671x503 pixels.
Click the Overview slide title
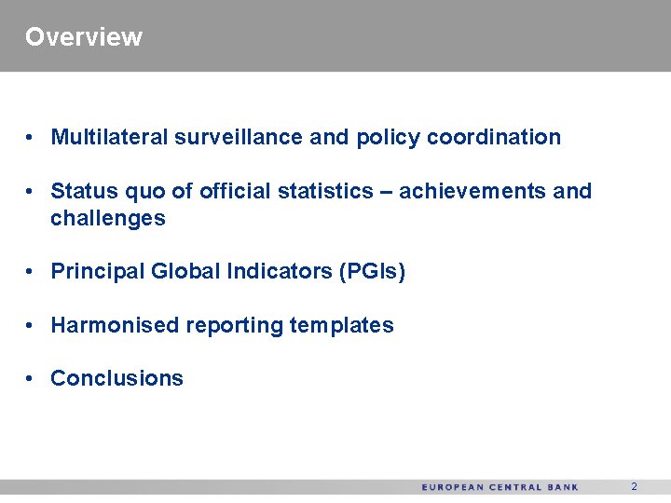(x=84, y=37)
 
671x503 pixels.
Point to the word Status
(x=79, y=192)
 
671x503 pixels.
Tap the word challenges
(x=107, y=219)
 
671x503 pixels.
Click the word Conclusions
(x=116, y=379)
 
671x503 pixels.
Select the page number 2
(x=634, y=487)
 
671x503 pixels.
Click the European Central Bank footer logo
(x=500, y=487)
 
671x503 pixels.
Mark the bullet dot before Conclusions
(x=31, y=379)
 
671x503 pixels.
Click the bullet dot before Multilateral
(x=31, y=138)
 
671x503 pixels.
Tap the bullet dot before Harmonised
(x=31, y=326)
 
